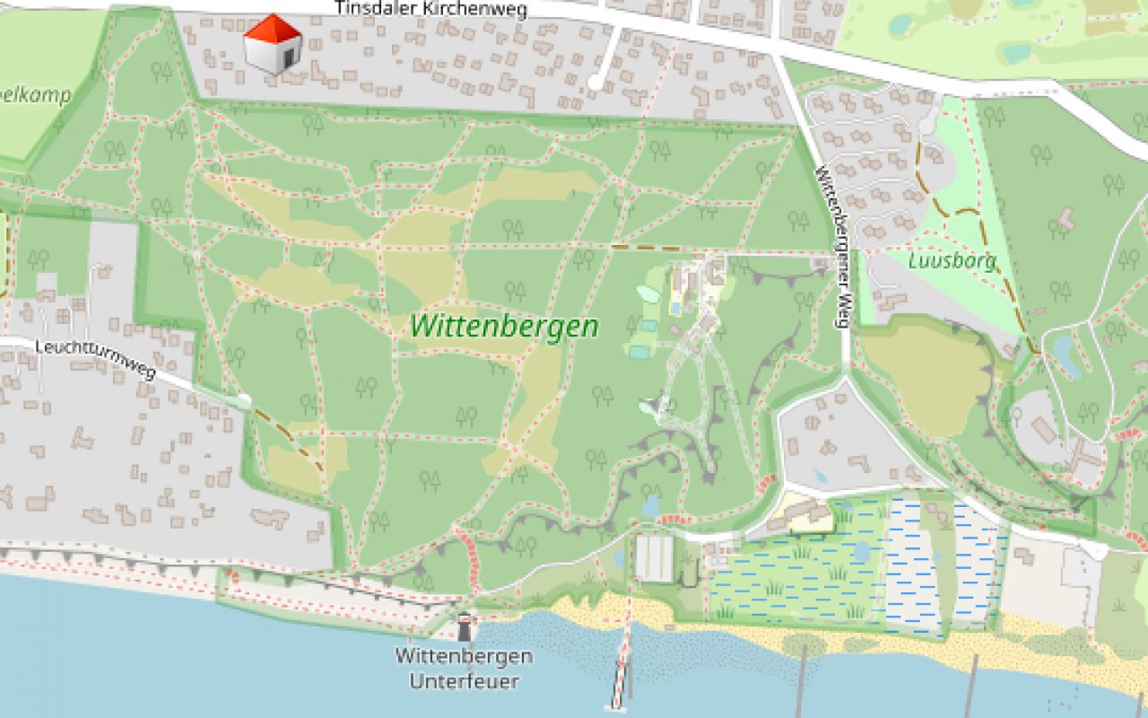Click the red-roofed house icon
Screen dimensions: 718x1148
tap(273, 44)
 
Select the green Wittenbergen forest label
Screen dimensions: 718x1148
tap(504, 326)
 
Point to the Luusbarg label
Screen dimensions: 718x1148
tap(952, 261)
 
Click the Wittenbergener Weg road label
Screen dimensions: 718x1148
tap(832, 247)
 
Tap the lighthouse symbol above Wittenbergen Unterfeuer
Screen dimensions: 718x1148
tap(465, 626)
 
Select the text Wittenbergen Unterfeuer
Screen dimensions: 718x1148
tap(464, 669)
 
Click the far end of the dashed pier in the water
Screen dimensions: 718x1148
tap(617, 704)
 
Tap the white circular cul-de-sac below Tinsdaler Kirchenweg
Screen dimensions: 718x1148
tap(595, 83)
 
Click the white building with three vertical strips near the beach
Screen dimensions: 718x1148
tap(654, 558)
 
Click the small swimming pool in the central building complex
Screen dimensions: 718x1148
tap(674, 308)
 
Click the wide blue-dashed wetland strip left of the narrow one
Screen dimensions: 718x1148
tap(912, 565)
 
